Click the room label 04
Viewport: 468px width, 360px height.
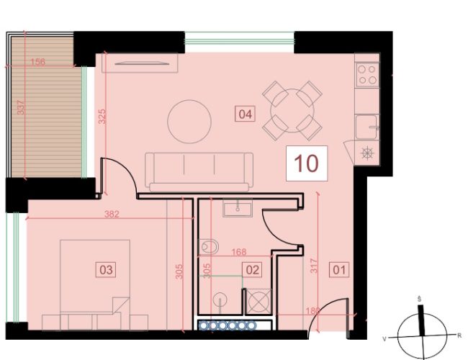point(245,114)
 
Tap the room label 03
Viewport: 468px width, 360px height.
point(106,270)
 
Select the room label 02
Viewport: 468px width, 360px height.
point(252,270)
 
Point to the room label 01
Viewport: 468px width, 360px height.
point(339,270)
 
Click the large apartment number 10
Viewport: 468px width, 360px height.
point(307,163)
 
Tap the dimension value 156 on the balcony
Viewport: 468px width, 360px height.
point(38,62)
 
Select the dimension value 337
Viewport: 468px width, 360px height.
point(21,107)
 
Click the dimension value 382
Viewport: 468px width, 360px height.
point(112,214)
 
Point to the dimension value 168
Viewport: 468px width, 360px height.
point(239,252)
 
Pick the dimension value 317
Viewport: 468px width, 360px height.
point(315,266)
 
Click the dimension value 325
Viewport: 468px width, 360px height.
point(102,117)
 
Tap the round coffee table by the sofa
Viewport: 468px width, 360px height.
point(189,122)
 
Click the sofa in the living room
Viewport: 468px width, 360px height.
point(199,172)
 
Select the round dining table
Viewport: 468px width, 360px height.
point(292,110)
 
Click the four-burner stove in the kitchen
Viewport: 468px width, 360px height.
point(367,75)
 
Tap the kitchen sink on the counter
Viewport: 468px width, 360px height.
point(367,127)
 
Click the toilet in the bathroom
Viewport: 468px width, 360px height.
point(208,246)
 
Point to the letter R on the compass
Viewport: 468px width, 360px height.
point(459,336)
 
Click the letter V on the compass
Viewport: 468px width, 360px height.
point(385,339)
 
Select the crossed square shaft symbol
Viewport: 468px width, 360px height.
point(259,301)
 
